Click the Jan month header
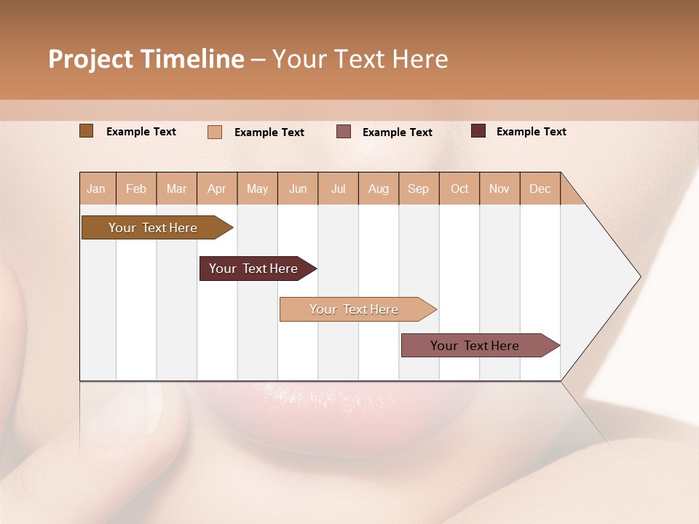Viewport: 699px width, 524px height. [x=96, y=188]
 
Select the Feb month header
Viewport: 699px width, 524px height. [x=136, y=188]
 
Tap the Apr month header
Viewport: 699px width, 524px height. [x=216, y=188]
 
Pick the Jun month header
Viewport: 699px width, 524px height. [x=298, y=188]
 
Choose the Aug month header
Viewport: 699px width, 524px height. [x=378, y=188]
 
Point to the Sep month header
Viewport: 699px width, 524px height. [x=418, y=188]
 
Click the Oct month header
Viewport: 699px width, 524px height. [x=459, y=188]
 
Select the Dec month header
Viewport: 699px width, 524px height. [x=540, y=188]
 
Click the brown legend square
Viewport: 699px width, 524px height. [x=86, y=131]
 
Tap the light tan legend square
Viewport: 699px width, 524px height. [x=215, y=132]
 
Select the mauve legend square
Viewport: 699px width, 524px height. [x=344, y=132]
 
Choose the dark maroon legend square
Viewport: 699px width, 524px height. [x=478, y=131]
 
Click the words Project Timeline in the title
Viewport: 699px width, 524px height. [x=146, y=59]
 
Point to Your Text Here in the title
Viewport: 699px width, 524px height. [x=360, y=59]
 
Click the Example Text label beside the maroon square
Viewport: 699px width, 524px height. [x=531, y=132]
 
